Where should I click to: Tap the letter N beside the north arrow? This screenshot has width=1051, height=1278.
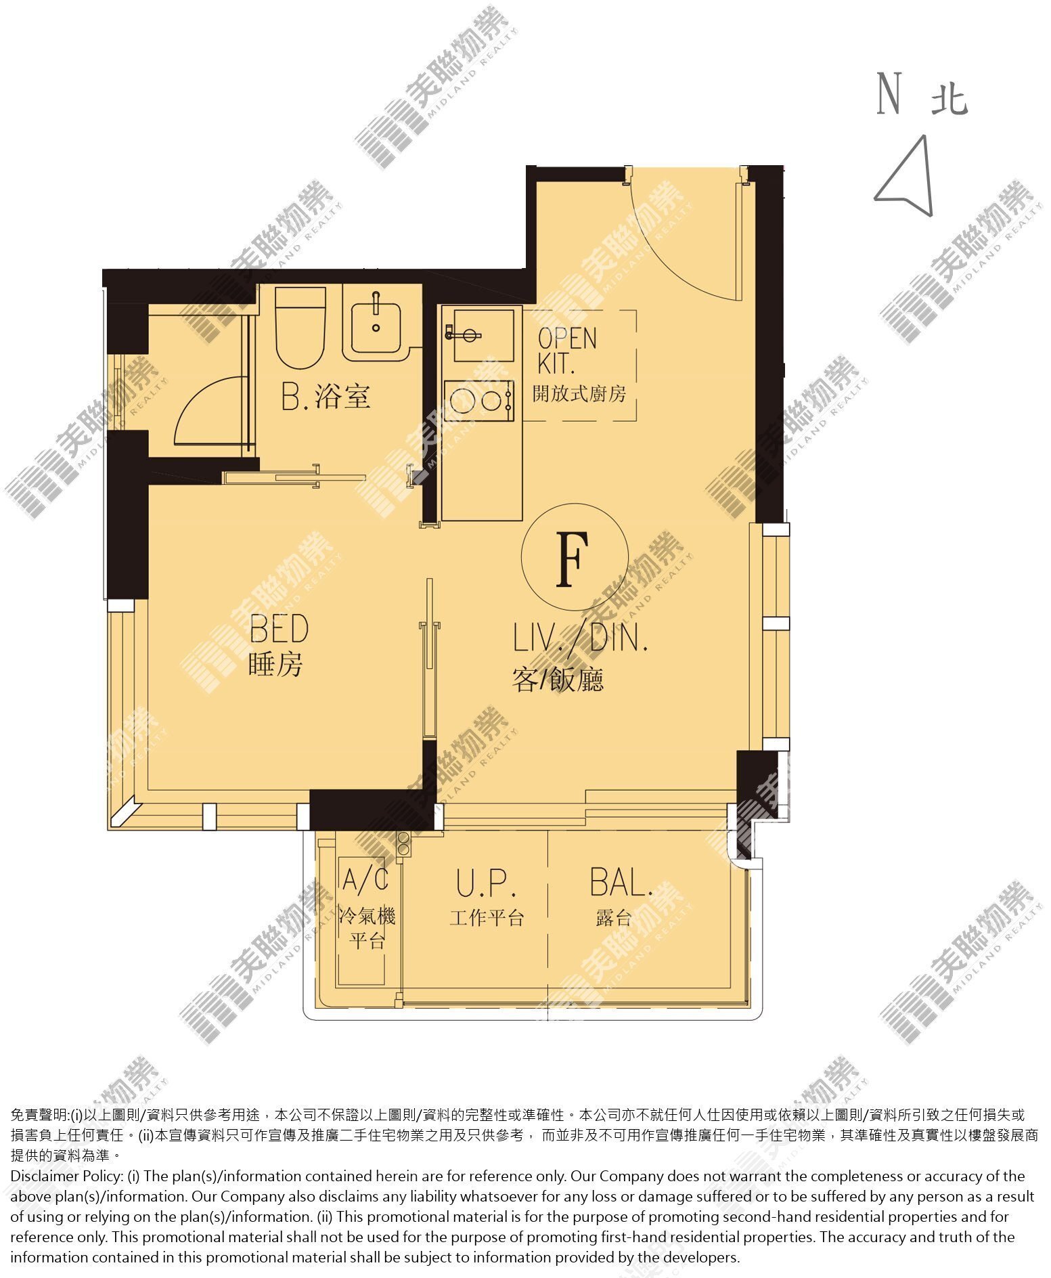pos(889,93)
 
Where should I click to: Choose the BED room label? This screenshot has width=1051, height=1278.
pos(279,629)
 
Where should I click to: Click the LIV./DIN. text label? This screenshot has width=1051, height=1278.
pos(581,638)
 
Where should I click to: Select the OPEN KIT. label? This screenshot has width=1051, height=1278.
pos(567,351)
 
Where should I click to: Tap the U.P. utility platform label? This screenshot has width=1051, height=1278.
pos(486,883)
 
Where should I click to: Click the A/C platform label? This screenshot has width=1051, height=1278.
pos(365,879)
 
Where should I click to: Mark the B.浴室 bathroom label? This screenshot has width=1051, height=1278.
pos(326,397)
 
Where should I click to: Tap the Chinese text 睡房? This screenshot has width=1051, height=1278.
pos(275,664)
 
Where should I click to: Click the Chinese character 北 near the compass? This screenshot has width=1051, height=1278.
pos(949,99)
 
